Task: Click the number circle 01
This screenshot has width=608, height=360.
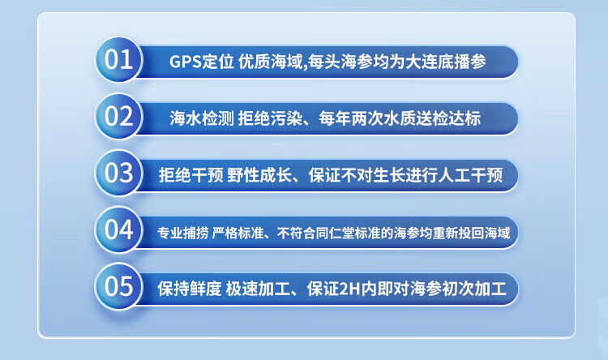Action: click(x=119, y=59)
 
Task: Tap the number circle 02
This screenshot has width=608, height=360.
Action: click(x=119, y=116)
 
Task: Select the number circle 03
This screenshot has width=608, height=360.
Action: click(x=119, y=173)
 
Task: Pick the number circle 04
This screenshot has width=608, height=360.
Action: click(x=119, y=229)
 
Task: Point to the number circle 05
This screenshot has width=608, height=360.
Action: click(x=119, y=286)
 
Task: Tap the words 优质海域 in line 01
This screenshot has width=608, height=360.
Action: click(x=270, y=62)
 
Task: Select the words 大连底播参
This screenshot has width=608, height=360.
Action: click(x=446, y=62)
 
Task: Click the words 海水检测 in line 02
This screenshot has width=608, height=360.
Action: click(x=202, y=118)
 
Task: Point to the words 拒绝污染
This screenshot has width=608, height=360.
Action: click(x=270, y=118)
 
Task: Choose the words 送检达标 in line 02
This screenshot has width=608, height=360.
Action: click(x=448, y=118)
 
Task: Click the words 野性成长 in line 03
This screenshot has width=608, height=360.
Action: click(x=259, y=175)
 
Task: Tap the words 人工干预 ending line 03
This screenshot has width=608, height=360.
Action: click(x=471, y=175)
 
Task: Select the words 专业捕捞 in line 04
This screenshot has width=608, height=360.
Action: click(x=183, y=233)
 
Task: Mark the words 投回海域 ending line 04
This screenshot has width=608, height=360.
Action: click(x=484, y=233)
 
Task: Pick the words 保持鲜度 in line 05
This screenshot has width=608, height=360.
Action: click(x=190, y=289)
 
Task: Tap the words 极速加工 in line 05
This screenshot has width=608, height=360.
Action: click(x=258, y=289)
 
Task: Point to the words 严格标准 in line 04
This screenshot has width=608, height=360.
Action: click(x=238, y=233)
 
